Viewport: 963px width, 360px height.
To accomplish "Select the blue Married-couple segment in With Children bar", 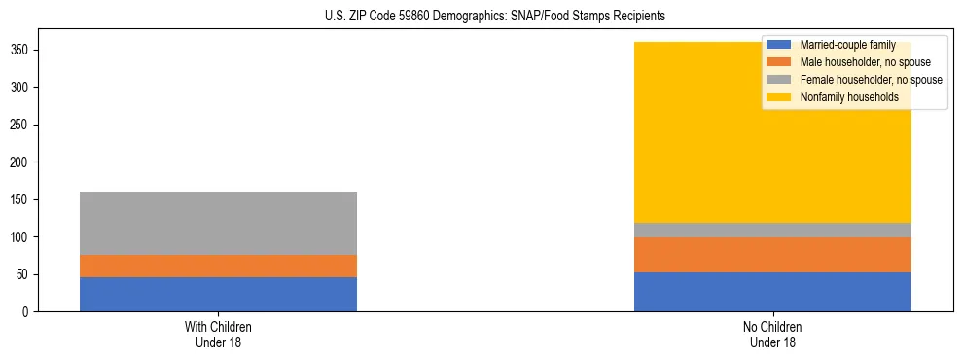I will tap(218, 294).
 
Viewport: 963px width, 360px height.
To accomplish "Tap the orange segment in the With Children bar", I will tap(218, 266).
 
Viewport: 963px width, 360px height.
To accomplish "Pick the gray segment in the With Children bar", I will tap(218, 223).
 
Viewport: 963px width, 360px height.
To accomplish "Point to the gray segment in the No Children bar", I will tap(772, 230).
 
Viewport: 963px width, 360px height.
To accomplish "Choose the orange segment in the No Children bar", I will tap(772, 255).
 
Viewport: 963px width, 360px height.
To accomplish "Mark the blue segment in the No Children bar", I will tap(772, 292).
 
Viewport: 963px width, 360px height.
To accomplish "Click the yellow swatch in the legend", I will tap(779, 97).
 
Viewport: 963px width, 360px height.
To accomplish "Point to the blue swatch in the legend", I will tap(779, 45).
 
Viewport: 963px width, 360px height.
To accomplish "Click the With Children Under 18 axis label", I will tap(218, 334).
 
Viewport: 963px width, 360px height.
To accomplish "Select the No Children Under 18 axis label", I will tap(772, 334).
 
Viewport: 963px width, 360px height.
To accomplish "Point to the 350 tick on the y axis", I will tap(28, 50).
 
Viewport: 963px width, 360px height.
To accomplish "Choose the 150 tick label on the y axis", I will tap(28, 199).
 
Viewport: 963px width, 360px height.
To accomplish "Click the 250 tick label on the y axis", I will tap(28, 125).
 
